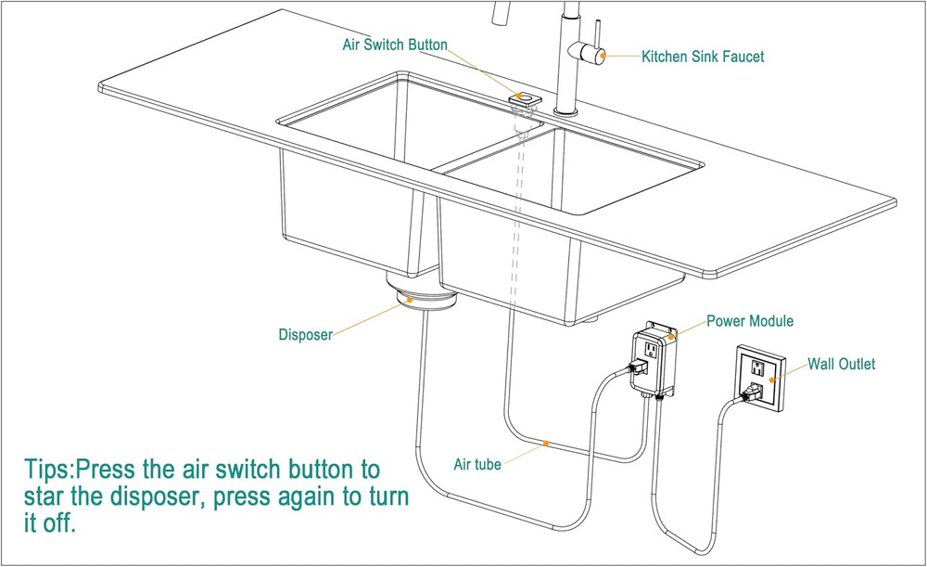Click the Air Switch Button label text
point(395,45)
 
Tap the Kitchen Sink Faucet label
point(703,57)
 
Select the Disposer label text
point(305,335)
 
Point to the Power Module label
point(750,322)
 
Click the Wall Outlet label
point(841,365)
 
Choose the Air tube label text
point(476,464)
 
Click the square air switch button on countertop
point(527,98)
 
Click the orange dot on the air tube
point(546,444)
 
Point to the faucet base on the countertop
point(565,112)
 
